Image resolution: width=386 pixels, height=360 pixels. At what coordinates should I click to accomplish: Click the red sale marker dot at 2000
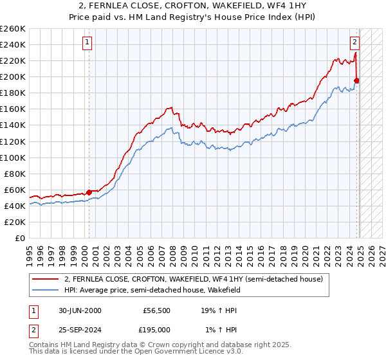[89, 192]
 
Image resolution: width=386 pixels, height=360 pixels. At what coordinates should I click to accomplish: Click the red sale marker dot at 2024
[356, 80]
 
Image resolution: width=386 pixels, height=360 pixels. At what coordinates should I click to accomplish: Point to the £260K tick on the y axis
[13, 29]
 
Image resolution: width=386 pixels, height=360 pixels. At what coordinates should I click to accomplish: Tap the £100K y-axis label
[13, 157]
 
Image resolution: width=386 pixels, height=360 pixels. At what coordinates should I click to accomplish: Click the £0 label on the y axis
[20, 238]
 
